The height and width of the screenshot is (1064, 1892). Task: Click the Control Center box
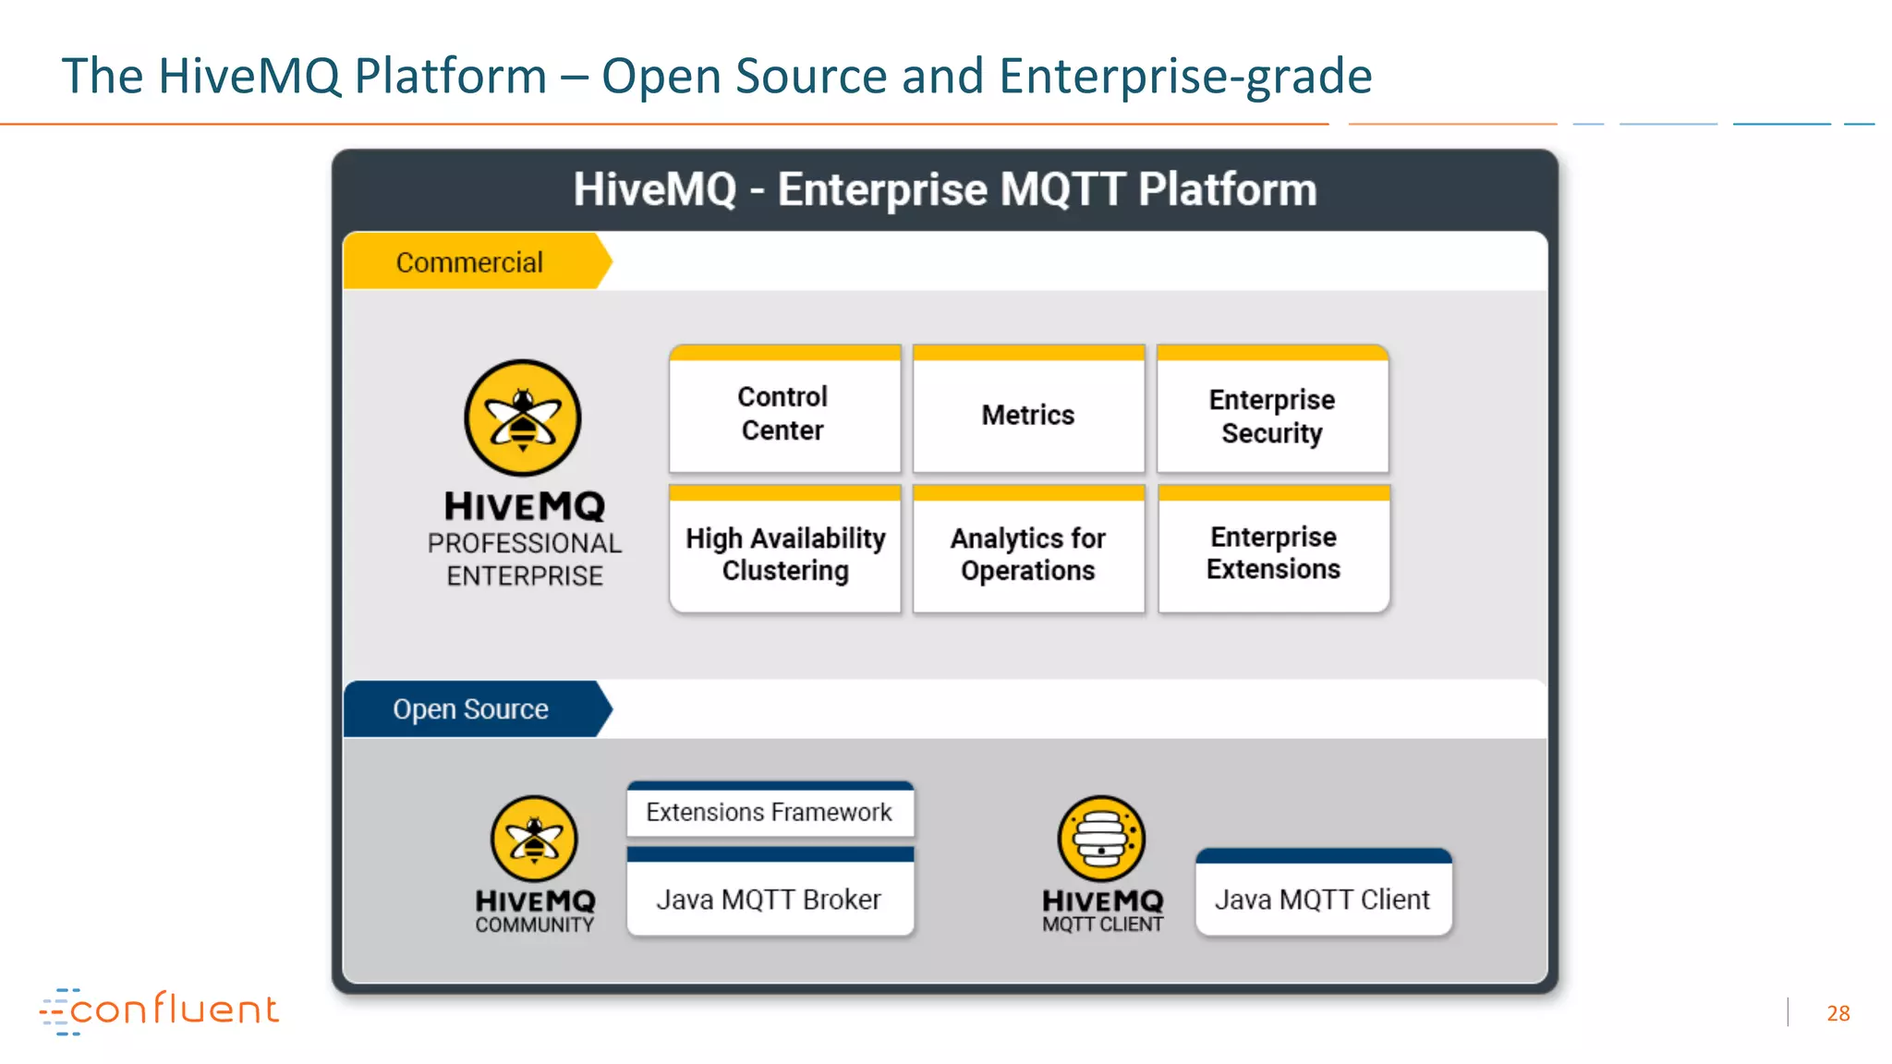784,413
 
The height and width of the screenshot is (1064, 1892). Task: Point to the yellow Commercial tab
471,262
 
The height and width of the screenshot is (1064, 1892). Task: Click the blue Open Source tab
471,709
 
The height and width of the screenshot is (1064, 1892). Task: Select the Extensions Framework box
770,812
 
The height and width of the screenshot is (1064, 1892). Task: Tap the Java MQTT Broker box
770,899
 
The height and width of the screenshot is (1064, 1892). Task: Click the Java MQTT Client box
1323,899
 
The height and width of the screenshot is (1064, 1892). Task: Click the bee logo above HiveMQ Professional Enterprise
523,418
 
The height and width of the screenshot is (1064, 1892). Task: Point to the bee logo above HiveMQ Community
534,839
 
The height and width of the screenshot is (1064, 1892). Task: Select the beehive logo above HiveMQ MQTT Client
1101,839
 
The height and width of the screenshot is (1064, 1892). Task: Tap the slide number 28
1837,1013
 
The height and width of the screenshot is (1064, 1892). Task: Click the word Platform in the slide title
451,76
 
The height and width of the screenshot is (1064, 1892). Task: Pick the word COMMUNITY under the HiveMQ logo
535,925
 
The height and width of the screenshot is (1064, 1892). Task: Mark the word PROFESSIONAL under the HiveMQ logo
525,543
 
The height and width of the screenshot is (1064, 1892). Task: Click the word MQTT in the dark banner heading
1061,189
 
